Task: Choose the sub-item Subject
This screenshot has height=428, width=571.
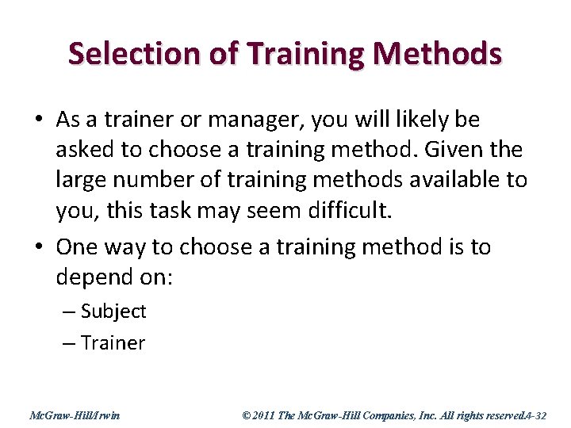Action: point(113,311)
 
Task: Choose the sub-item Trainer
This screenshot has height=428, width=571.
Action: point(113,343)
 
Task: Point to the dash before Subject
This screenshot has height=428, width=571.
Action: point(69,312)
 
